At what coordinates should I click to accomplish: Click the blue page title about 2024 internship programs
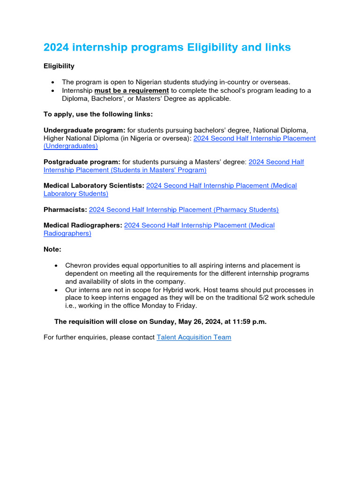(167, 47)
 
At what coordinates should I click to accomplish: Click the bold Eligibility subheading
(59, 66)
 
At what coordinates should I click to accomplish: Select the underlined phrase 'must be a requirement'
(131, 90)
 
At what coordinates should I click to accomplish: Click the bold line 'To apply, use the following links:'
(98, 114)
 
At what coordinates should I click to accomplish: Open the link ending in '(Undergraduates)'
(70, 146)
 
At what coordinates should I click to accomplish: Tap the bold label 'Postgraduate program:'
(82, 162)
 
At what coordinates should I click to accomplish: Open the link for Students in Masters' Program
(125, 170)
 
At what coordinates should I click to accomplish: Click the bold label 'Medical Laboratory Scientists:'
(94, 186)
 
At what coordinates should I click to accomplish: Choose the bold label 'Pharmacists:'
(65, 210)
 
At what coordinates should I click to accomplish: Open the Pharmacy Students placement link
(184, 210)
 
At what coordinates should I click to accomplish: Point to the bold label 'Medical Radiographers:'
(82, 225)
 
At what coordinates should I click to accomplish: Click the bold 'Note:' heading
(52, 249)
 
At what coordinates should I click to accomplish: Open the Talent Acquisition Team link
(194, 337)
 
